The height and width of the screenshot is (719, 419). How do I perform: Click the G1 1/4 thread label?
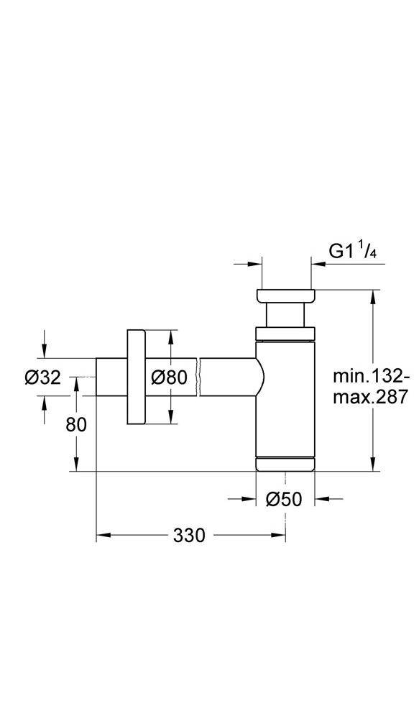[353, 251]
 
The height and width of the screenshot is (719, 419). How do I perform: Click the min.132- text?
[371, 375]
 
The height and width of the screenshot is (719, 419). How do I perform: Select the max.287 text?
[371, 396]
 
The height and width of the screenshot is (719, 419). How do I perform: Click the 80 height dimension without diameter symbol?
[76, 424]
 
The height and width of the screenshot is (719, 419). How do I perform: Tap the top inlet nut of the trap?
[285, 296]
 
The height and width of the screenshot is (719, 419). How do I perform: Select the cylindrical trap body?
[285, 403]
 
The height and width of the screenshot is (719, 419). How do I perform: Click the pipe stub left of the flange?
[111, 376]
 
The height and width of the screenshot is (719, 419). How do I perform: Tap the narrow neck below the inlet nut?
[285, 315]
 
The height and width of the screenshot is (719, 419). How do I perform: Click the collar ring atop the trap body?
[285, 332]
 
